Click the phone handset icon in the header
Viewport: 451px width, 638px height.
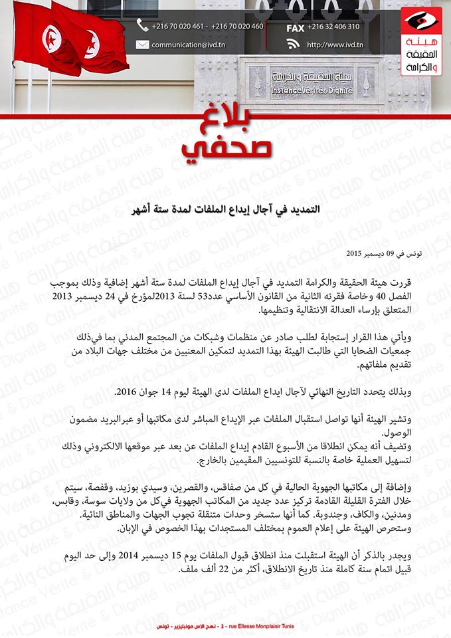[x=142, y=26]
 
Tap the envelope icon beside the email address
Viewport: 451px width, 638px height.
[x=142, y=45]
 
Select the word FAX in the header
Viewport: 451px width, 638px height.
[x=296, y=27]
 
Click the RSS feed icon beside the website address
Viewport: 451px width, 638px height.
[x=294, y=45]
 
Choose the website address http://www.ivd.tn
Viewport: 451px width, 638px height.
[x=335, y=45]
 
